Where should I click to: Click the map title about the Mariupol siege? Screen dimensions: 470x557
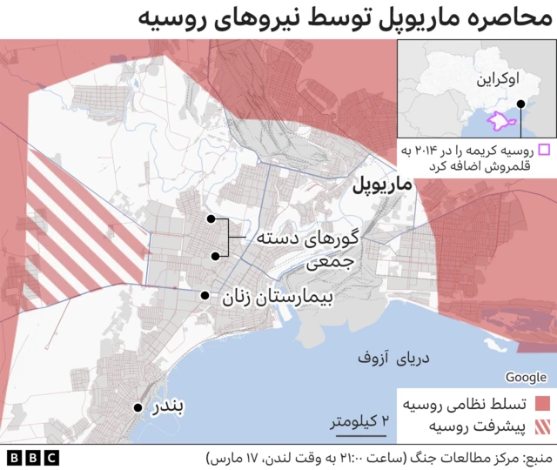tap(347, 18)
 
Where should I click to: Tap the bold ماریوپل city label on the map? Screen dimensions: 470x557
tap(382, 186)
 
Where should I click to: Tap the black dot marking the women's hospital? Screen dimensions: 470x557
tap(205, 296)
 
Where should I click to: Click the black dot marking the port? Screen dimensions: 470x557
tap(137, 407)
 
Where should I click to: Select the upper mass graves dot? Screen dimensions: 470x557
tap(211, 220)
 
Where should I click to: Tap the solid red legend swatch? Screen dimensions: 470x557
tap(543, 404)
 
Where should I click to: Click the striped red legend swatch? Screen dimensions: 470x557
tap(543, 426)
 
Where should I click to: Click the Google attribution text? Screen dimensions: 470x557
tap(526, 376)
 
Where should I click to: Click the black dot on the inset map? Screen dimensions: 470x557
tap(520, 105)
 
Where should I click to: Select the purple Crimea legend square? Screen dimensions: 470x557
tap(544, 150)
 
